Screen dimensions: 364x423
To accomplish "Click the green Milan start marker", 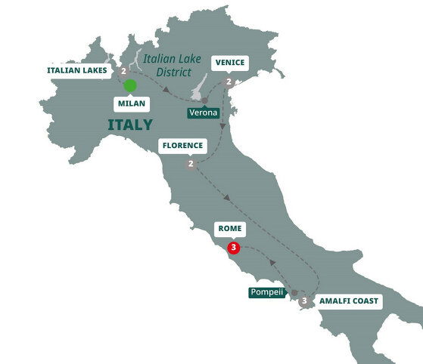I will click(x=131, y=85).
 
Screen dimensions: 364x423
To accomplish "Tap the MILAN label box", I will click(x=131, y=103).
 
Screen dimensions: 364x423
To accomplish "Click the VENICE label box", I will click(x=229, y=63).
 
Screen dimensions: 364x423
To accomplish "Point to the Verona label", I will click(x=204, y=113).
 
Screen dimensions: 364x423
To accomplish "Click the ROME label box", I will click(x=230, y=227).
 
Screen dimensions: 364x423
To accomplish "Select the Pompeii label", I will click(x=267, y=292).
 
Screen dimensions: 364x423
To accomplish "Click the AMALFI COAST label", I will click(x=350, y=301).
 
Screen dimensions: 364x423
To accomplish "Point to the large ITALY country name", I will click(x=129, y=125).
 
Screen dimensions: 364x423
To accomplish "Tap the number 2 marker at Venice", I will click(x=228, y=82).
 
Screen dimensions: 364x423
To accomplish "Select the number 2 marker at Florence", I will click(x=191, y=164).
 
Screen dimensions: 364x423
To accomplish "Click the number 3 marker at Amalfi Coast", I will click(x=304, y=301).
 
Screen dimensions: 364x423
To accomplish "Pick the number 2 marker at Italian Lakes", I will click(x=123, y=71).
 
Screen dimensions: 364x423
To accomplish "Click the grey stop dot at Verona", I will click(x=204, y=100).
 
